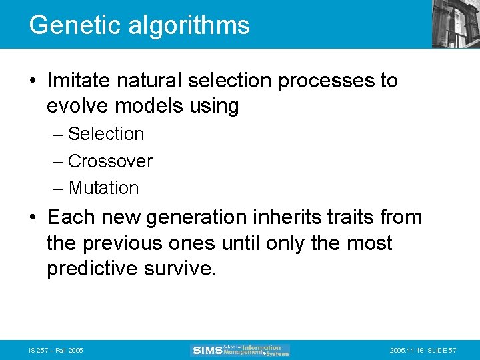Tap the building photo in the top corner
455,23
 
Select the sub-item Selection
106,134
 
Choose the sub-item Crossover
110,161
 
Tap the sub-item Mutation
103,189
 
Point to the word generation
207,217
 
